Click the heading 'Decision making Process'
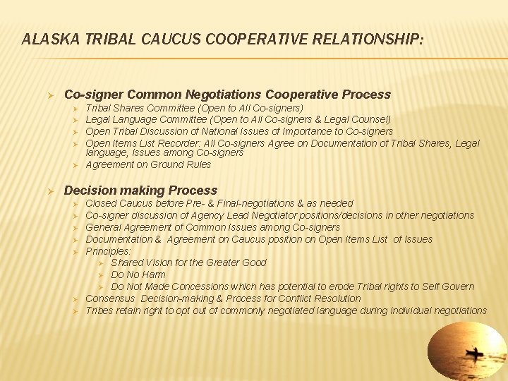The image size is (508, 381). [140, 190]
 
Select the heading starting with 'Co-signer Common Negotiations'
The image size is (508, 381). [227, 95]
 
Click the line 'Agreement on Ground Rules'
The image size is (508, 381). [148, 164]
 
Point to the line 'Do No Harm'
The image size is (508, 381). [138, 274]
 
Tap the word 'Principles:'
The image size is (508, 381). [109, 250]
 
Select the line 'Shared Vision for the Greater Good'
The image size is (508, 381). [188, 262]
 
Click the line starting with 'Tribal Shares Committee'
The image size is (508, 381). [194, 108]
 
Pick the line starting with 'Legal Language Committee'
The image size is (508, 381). [238, 120]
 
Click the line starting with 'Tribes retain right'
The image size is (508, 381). [286, 310]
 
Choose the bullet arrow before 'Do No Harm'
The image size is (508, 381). [102, 274]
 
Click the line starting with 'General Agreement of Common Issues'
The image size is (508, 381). [212, 227]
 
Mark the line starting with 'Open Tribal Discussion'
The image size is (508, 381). [239, 131]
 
